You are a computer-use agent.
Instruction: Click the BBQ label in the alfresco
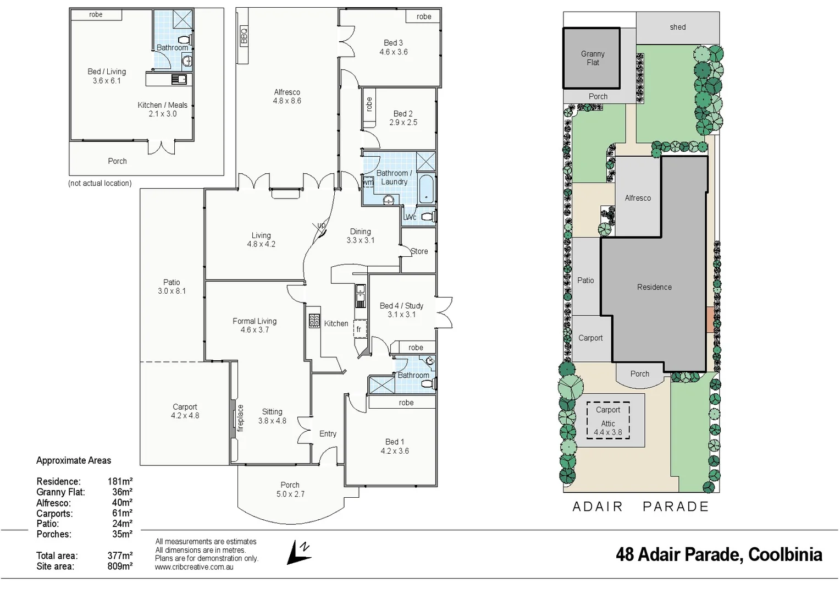(244, 36)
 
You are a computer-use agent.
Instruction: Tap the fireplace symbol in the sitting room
(240, 418)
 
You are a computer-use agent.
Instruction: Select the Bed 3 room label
(393, 43)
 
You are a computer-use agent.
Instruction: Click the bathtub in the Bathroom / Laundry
(426, 189)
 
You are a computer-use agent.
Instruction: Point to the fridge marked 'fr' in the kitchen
(359, 329)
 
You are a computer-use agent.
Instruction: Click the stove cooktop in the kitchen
(314, 321)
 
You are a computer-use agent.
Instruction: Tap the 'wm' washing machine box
(368, 182)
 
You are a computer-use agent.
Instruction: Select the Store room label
(419, 251)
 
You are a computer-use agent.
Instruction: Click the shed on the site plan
(677, 28)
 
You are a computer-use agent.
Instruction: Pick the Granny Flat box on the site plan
(592, 58)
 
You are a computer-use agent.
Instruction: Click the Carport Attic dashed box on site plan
(607, 420)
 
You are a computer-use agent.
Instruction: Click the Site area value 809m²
(120, 566)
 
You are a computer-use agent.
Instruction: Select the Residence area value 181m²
(120, 481)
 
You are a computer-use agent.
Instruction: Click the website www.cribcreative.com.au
(194, 567)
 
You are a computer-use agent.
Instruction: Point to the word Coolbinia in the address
(785, 554)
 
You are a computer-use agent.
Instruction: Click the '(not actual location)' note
(100, 183)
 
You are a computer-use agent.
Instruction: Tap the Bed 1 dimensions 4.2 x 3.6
(394, 451)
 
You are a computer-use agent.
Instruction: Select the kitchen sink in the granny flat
(179, 79)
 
